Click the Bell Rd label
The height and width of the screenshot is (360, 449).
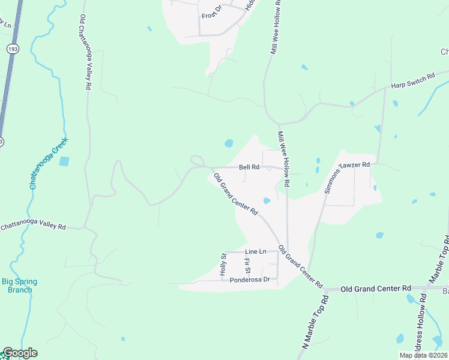point(249,167)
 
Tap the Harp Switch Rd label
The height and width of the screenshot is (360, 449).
point(412,81)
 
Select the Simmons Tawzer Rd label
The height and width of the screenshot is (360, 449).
point(346,178)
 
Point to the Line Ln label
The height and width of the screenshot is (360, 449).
point(255,251)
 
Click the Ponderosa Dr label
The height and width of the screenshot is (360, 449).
point(252,280)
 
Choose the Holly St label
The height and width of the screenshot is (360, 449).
point(223,265)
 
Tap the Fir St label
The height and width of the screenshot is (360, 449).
point(247,265)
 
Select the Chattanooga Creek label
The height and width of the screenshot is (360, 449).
point(49,163)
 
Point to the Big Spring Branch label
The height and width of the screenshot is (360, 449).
point(19,286)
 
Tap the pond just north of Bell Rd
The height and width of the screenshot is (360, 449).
point(229,143)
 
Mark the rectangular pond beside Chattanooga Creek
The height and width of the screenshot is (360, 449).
point(64,161)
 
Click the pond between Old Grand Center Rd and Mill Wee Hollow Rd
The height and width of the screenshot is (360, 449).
point(267,200)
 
